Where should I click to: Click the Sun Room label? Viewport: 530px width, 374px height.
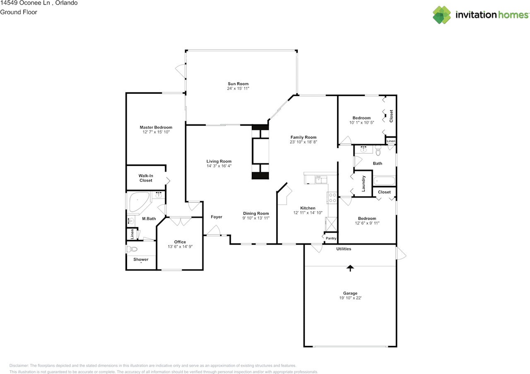click(x=238, y=84)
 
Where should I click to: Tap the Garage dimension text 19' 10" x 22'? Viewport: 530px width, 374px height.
click(x=350, y=298)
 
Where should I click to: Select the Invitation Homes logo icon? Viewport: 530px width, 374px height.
click(x=442, y=15)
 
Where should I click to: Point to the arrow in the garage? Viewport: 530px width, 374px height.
click(x=350, y=268)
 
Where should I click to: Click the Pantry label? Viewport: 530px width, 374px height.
click(x=331, y=238)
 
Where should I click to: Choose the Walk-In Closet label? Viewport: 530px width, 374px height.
click(x=146, y=178)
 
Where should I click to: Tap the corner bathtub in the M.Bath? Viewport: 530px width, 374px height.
click(x=138, y=203)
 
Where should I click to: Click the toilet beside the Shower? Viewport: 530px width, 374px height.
click(x=132, y=249)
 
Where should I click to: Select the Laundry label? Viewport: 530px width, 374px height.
click(x=364, y=183)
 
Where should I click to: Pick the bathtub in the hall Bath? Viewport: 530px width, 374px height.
click(x=384, y=181)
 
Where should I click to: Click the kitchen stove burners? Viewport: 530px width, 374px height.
click(x=332, y=198)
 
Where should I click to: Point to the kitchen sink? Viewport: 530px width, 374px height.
click(x=320, y=179)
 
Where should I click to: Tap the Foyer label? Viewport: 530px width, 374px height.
click(x=217, y=217)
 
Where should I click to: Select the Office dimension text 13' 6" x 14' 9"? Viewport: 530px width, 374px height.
click(x=180, y=247)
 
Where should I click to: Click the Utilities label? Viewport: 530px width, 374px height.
click(x=344, y=249)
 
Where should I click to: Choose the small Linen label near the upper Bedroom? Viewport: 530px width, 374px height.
click(x=391, y=141)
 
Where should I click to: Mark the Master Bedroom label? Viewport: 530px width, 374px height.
click(x=156, y=127)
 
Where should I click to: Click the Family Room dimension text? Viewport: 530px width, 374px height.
click(x=304, y=142)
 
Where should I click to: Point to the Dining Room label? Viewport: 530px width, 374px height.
click(x=256, y=214)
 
